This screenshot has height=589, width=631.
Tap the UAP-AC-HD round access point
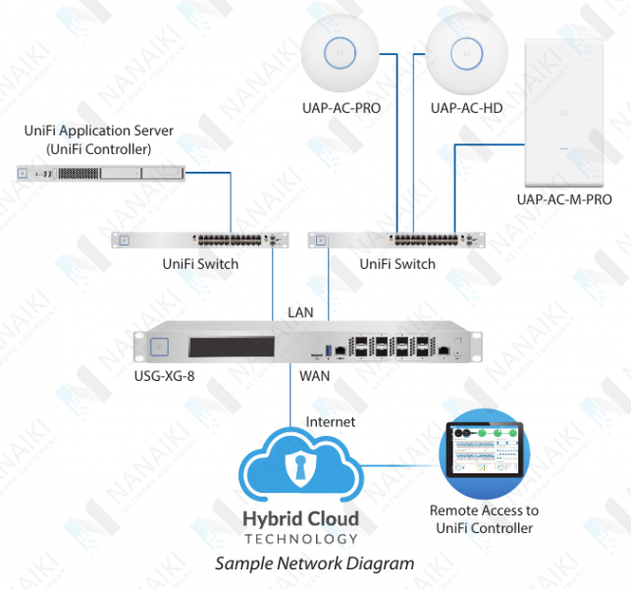coord(466,55)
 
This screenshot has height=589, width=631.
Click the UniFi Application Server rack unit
coord(100,174)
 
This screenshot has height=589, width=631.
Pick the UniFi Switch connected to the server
coord(200,240)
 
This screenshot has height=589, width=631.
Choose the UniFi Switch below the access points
coord(396,240)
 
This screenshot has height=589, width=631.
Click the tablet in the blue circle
coord(484,452)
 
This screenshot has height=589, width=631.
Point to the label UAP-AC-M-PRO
coord(564,200)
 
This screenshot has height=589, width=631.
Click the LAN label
coord(300,311)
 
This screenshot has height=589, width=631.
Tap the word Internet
coord(331,422)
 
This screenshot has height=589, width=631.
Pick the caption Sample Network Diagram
coord(315,563)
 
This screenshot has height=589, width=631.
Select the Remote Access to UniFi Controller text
coord(484,519)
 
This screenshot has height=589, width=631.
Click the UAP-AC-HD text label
coord(466,107)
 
